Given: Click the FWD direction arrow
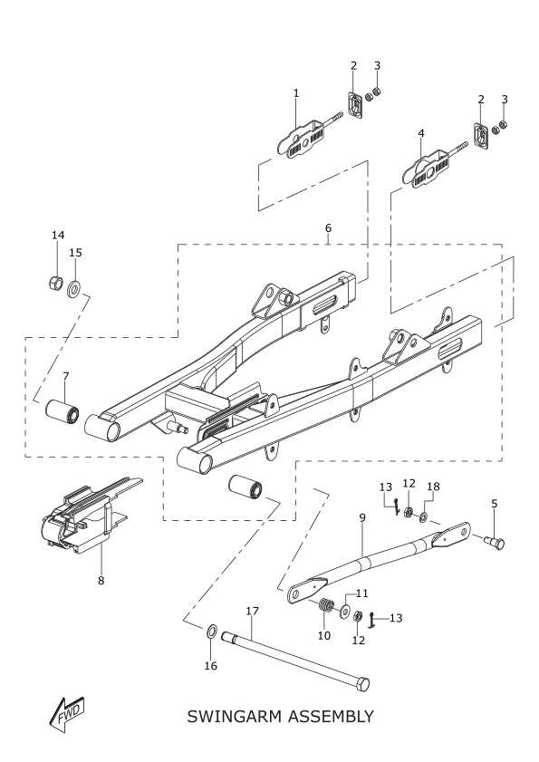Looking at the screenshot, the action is click(67, 714).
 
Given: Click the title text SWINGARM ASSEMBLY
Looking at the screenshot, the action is click(281, 717).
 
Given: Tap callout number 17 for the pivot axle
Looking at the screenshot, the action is click(252, 611).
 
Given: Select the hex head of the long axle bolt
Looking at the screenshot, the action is click(362, 684).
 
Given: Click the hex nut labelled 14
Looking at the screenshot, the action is click(55, 283).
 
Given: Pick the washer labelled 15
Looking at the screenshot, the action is click(74, 290).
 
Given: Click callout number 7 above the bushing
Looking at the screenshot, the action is click(65, 376).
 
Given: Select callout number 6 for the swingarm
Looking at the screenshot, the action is click(328, 227).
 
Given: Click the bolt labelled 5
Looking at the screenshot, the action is click(495, 542).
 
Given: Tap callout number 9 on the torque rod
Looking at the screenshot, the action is click(362, 517).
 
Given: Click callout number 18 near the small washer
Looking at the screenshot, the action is click(433, 487).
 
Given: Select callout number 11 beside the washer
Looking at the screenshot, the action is click(362, 593).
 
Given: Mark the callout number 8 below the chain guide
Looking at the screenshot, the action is click(101, 580).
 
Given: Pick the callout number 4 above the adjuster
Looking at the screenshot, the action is click(421, 133).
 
